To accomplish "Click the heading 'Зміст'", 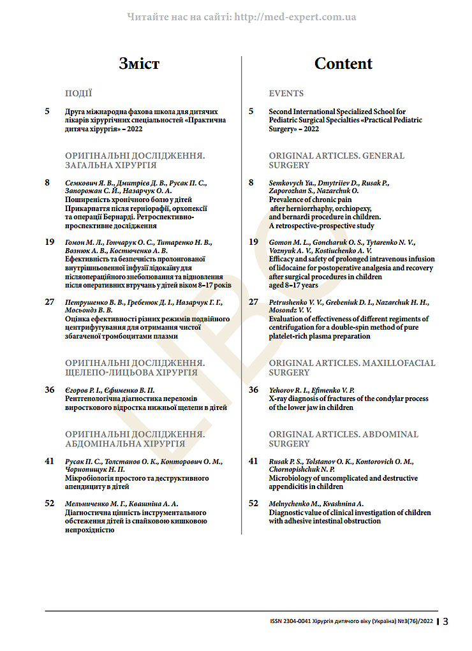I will coord(139,64).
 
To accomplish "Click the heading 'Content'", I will coord(343,64).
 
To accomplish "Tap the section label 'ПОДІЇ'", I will coord(78,93).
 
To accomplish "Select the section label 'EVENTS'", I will coord(286,93).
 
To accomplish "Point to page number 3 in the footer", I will coord(445,622).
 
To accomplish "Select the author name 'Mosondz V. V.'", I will coord(290,310).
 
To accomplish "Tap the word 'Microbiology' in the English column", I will coord(290,478).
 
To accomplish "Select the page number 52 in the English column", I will coord(253,504).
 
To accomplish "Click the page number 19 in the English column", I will coord(253,242).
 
